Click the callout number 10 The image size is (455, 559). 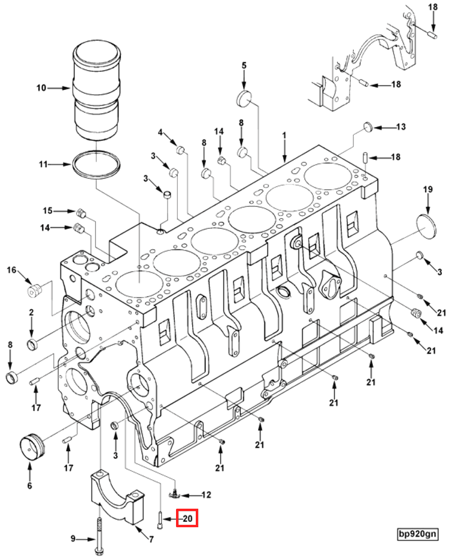pos(41,87)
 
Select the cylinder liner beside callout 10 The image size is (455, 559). pos(96,92)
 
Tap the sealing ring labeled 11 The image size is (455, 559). pos(96,165)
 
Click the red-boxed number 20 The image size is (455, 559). pos(187,518)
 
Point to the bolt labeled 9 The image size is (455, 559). pos(99,536)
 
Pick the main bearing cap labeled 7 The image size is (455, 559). pos(117,496)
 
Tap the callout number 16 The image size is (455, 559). pos(11,270)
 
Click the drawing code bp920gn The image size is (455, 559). pos(417,534)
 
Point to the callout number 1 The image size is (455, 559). pos(284,135)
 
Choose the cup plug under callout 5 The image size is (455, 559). pos(244,98)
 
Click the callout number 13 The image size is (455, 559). pos(401,126)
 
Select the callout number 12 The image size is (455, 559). pos(207,495)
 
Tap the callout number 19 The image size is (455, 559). pos(428,189)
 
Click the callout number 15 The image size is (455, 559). pos(47,211)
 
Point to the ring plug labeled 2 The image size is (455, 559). pos(32,345)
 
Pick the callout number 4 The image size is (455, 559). pos(160,132)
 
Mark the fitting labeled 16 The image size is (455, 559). pos(35,290)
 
